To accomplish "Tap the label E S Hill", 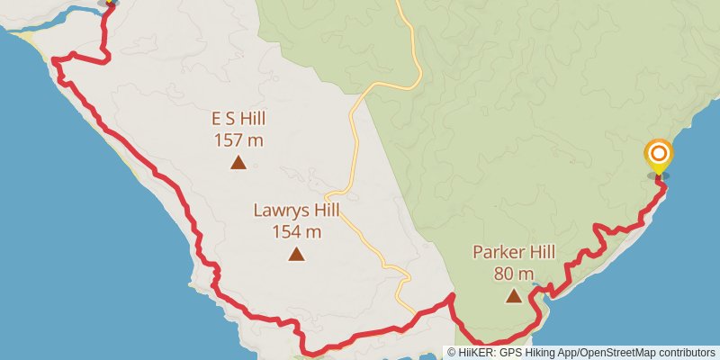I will pyautogui.click(x=238, y=119).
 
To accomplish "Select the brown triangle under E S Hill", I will pyautogui.click(x=238, y=162).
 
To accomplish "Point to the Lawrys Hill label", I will pyautogui.click(x=296, y=211).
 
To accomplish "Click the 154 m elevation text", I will pyautogui.click(x=296, y=231).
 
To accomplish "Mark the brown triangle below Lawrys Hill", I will pyautogui.click(x=296, y=254).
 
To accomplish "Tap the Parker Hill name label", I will pyautogui.click(x=514, y=252).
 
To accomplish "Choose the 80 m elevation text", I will pyautogui.click(x=514, y=273).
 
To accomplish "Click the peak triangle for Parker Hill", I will pyautogui.click(x=514, y=295).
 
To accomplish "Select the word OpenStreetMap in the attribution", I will pyautogui.click(x=617, y=353).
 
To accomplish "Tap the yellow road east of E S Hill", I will pyautogui.click(x=354, y=135).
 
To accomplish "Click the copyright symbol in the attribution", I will pyautogui.click(x=452, y=353).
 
